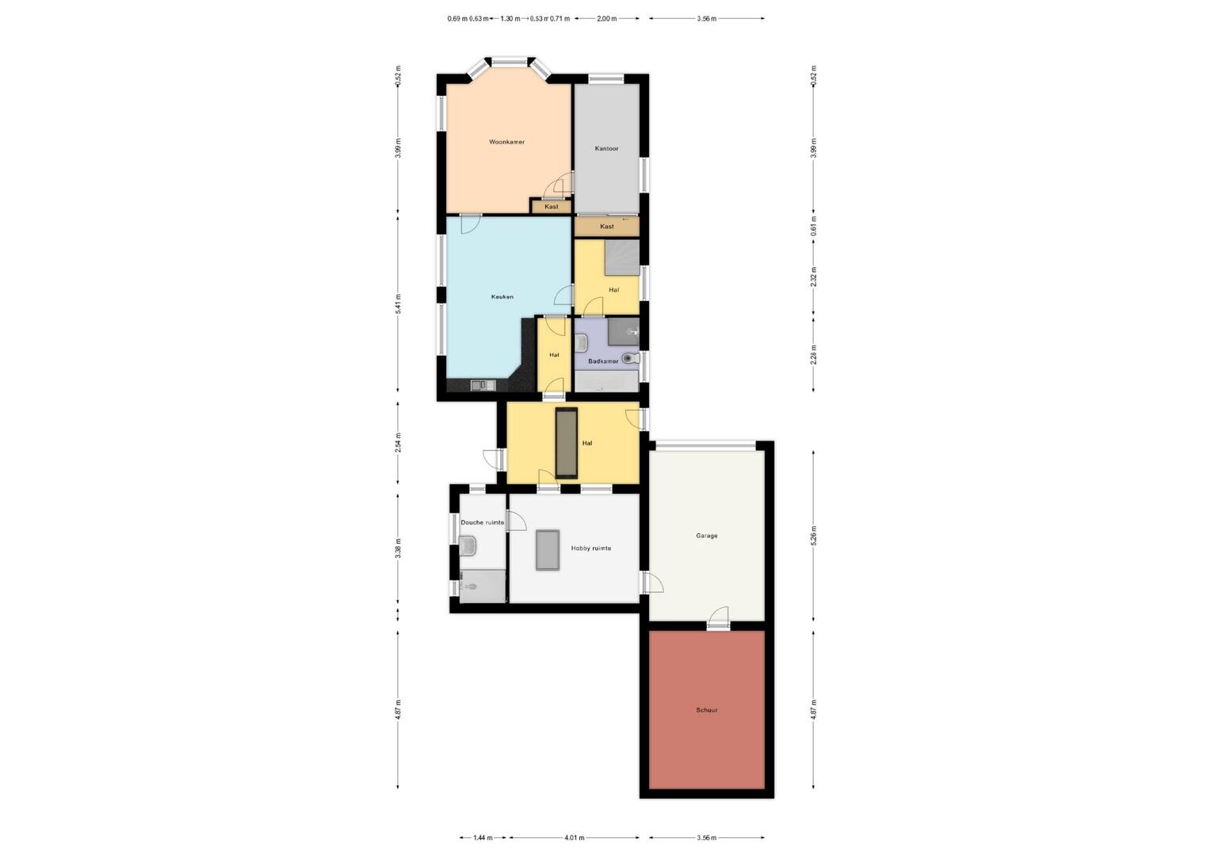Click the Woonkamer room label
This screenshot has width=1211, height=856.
tap(506, 142)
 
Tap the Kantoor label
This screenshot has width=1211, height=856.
tap(606, 148)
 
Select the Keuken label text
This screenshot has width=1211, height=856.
tap(502, 297)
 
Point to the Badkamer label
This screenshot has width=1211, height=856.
tap(603, 361)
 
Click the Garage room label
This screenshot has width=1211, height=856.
tap(707, 536)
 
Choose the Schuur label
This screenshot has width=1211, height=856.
tap(707, 710)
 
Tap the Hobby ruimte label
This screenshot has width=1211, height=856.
tap(591, 548)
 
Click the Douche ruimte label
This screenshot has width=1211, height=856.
tap(482, 522)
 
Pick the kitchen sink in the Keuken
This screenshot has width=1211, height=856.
tap(483, 385)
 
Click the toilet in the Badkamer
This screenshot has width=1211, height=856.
tap(630, 358)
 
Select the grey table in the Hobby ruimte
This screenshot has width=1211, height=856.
tap(548, 550)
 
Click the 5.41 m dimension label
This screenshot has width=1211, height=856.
tap(399, 304)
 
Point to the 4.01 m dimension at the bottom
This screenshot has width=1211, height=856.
tap(574, 838)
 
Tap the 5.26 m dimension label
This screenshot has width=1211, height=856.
tap(814, 535)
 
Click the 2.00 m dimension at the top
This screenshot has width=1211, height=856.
tap(606, 18)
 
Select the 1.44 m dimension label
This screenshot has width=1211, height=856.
tap(483, 838)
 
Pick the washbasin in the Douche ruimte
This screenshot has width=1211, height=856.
tap(468, 545)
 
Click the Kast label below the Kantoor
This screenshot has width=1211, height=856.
tap(606, 227)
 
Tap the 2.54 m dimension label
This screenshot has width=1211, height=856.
tap(399, 443)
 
